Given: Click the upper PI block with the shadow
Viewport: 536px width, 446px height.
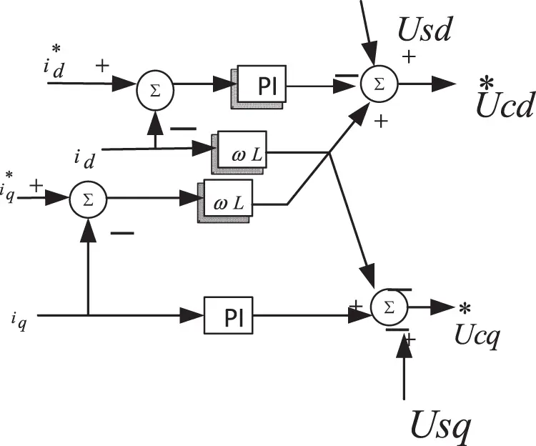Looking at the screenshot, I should click(262, 86).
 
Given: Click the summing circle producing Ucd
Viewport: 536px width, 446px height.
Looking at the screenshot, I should click(379, 83).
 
